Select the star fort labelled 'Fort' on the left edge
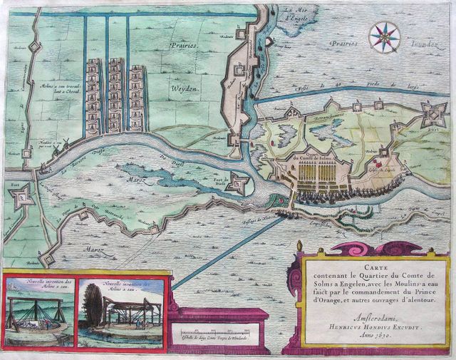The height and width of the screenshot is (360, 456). tap(24, 194)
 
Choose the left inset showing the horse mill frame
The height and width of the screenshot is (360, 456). tap(37, 310)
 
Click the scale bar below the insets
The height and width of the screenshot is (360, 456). tap(217, 333)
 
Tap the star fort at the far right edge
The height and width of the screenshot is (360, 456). tap(433, 112)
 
